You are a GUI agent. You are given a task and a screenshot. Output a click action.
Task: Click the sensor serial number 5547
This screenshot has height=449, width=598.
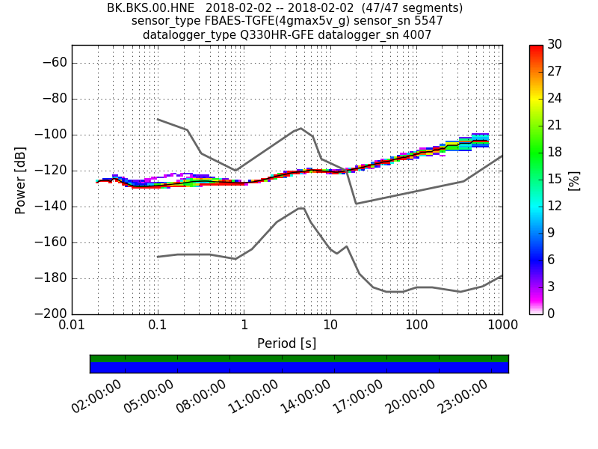tap(428, 21)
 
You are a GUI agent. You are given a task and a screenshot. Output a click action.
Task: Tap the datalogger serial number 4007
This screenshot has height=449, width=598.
tap(417, 34)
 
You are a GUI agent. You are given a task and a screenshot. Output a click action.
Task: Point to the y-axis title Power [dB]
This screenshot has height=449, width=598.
tap(20, 180)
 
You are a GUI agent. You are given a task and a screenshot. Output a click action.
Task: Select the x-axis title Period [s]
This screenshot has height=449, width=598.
tap(286, 343)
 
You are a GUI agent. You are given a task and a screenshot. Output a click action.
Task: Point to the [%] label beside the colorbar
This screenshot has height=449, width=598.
tap(574, 180)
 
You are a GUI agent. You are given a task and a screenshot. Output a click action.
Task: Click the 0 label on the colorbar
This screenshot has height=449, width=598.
tap(552, 314)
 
